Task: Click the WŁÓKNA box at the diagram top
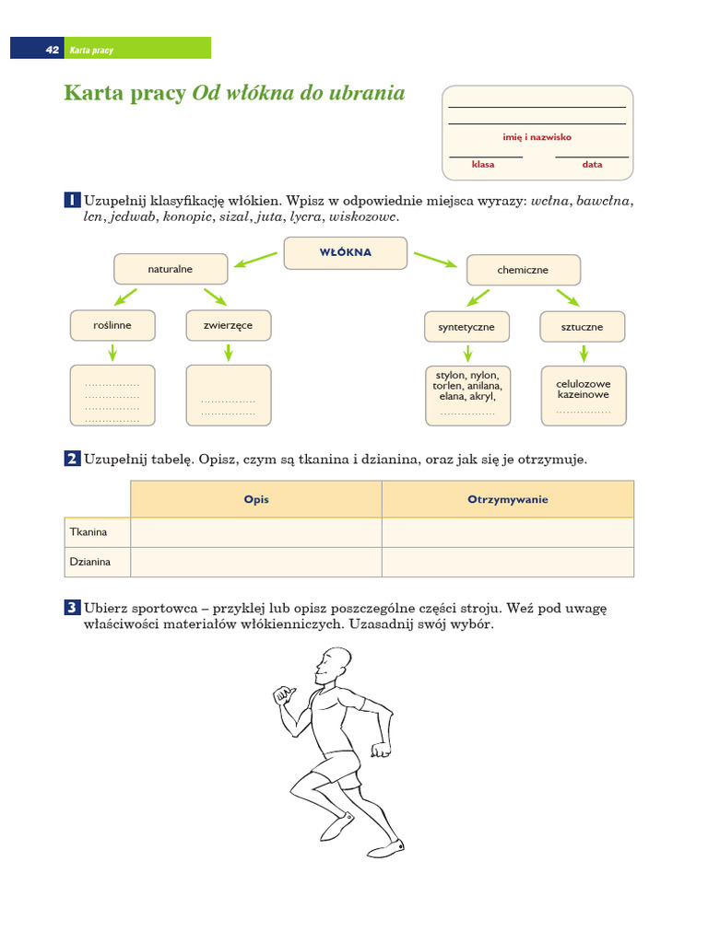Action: click(346, 253)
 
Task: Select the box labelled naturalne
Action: click(171, 269)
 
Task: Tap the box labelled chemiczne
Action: click(523, 270)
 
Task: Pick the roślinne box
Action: click(112, 325)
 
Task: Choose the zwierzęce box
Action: click(228, 325)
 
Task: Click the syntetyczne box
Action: click(466, 327)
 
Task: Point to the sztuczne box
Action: click(583, 327)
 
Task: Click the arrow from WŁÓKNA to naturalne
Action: click(255, 260)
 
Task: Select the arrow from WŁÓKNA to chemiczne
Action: click(435, 260)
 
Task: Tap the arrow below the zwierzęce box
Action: click(229, 352)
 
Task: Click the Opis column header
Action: click(256, 499)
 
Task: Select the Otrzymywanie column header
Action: click(508, 499)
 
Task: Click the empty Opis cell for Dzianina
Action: click(256, 562)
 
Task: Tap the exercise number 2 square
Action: click(72, 459)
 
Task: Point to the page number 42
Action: click(52, 50)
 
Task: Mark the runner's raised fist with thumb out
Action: click(283, 695)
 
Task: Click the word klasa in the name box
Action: click(483, 165)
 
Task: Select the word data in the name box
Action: click(592, 165)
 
